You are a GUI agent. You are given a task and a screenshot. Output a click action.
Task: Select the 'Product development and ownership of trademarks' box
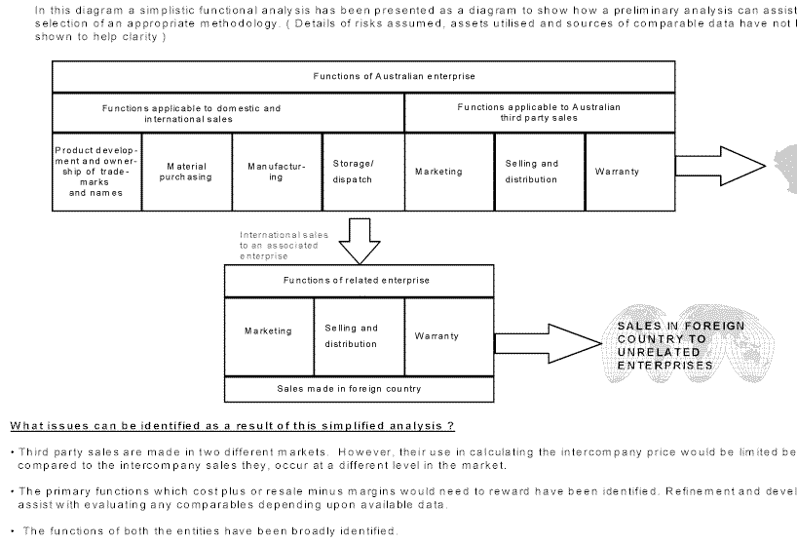[95, 172]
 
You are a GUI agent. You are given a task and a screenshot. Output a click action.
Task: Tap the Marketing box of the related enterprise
[269, 331]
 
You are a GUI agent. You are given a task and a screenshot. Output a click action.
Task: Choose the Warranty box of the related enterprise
[447, 336]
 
